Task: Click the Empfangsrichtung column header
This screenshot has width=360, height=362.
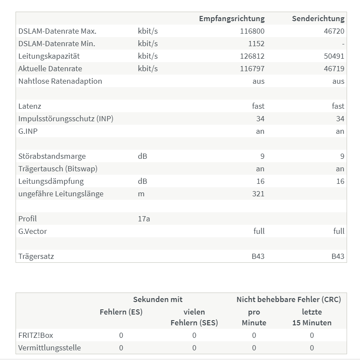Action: point(231,19)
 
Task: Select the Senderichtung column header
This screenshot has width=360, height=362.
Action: point(318,19)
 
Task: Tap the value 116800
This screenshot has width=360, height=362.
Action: point(252,31)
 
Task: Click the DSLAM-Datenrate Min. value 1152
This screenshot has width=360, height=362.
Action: point(256,44)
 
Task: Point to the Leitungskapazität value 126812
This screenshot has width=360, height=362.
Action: point(252,56)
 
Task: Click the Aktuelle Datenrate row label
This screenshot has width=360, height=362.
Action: point(50,69)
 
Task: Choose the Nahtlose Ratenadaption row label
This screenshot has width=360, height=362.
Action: point(60,81)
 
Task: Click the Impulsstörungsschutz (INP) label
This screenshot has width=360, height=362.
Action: point(66,119)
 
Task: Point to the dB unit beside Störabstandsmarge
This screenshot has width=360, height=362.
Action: point(142,156)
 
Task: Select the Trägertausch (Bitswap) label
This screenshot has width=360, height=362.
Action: point(58,169)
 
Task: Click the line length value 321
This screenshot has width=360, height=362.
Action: point(258,194)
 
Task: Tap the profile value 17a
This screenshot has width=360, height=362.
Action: point(144,219)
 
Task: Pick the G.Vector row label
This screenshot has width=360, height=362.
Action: point(33,231)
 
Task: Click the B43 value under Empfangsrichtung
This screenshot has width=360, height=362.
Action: point(258,256)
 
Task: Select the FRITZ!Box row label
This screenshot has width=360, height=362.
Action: point(36,335)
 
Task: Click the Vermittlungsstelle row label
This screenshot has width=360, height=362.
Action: point(50,348)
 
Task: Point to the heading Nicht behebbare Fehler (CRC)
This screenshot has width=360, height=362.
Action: point(288,299)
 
